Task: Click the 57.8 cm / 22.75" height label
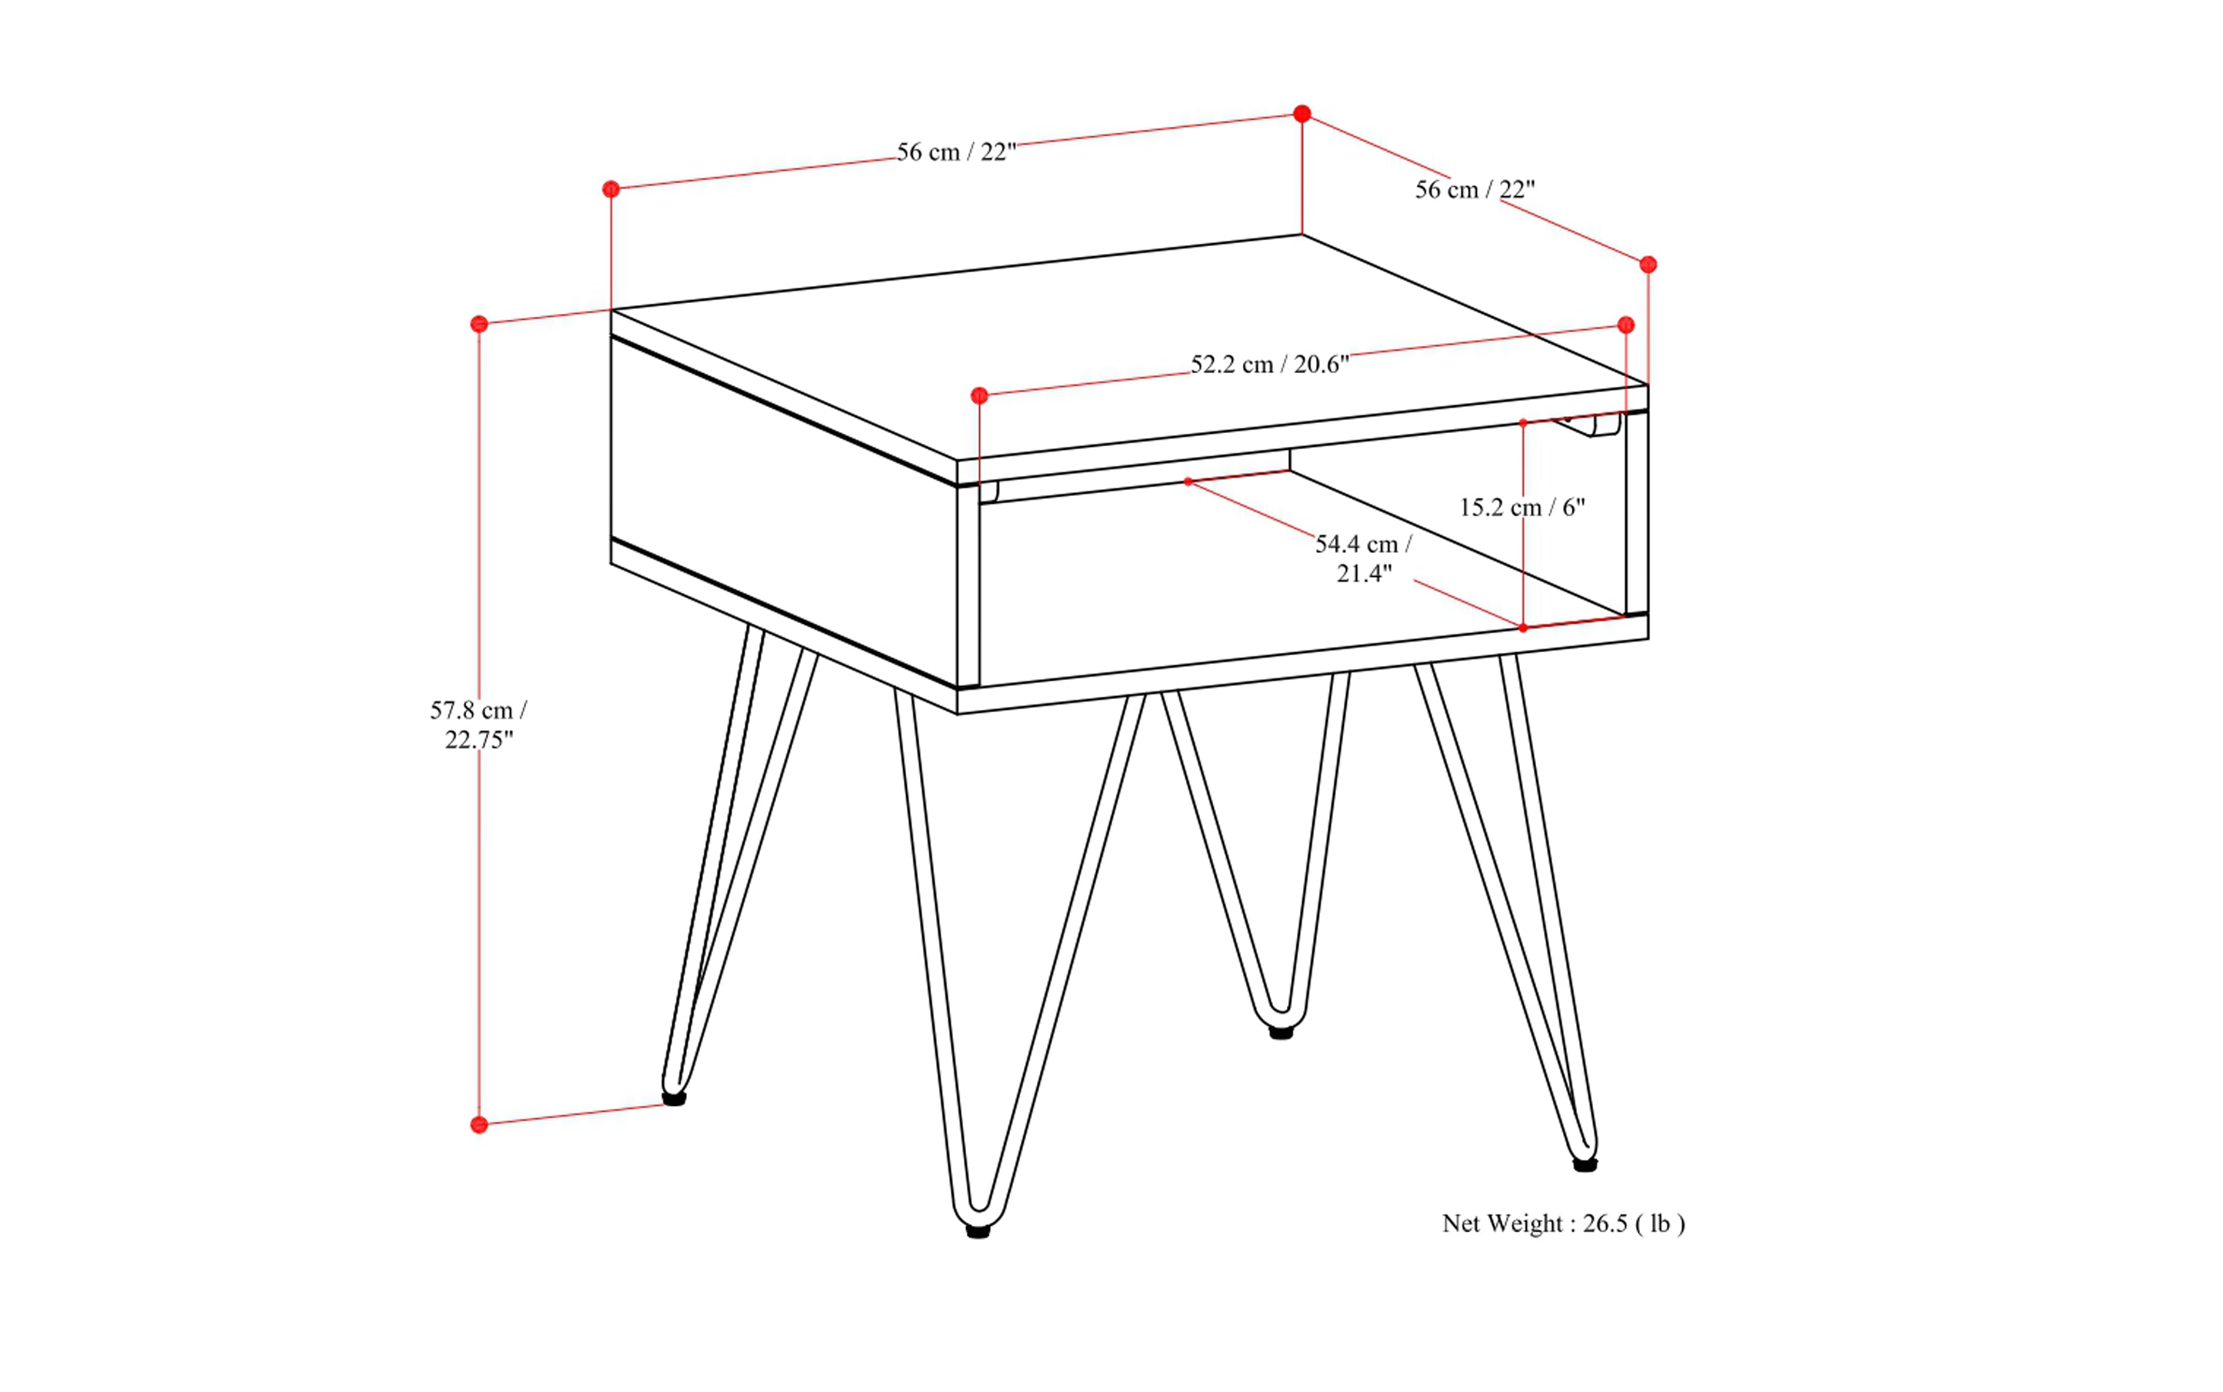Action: click(478, 724)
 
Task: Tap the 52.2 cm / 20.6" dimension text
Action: click(1269, 365)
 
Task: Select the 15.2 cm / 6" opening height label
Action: click(1521, 508)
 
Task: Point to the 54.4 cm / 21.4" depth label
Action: click(1363, 558)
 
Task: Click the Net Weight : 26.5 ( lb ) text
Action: click(1563, 1224)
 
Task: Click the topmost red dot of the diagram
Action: click(1301, 114)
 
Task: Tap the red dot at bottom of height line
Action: click(479, 1125)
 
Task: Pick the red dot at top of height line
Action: click(479, 324)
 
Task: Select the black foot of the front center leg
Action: click(978, 1231)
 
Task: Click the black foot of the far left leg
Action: click(674, 1098)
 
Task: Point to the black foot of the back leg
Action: click(1281, 1033)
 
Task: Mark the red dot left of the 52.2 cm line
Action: click(979, 396)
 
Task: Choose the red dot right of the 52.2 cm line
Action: click(1625, 325)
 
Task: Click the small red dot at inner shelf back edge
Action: click(1188, 481)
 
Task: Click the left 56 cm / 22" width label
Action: click(956, 153)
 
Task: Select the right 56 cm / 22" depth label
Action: click(1475, 190)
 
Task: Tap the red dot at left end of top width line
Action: click(611, 190)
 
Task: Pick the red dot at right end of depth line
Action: click(1648, 265)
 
